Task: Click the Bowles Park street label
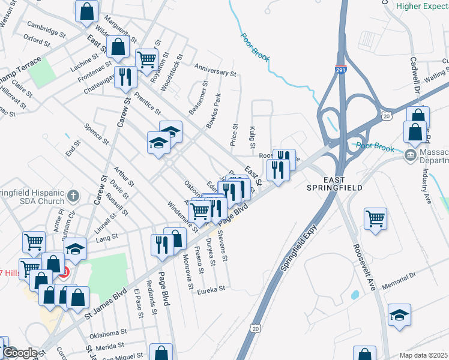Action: (x=214, y=110)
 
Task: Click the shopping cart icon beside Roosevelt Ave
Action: (x=375, y=218)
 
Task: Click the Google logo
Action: (x=19, y=353)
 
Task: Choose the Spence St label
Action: (x=96, y=134)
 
